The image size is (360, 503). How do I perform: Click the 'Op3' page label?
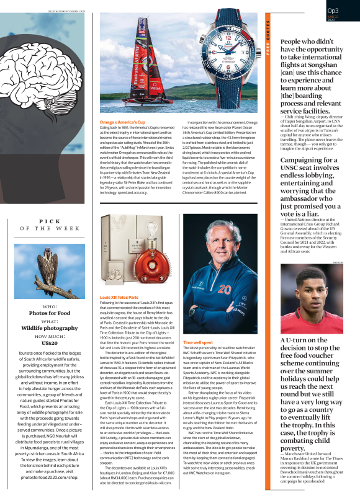coord(333,11)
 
